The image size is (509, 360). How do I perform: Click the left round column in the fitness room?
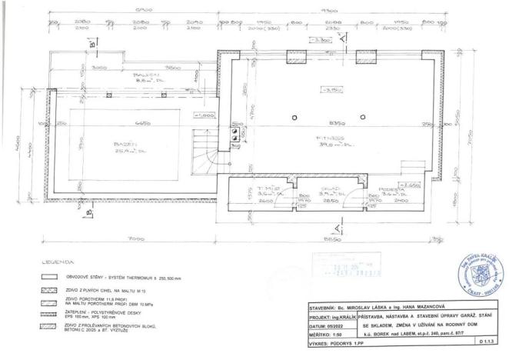(x=295, y=117)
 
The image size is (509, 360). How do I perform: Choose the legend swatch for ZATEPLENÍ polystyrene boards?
(x=52, y=315)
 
